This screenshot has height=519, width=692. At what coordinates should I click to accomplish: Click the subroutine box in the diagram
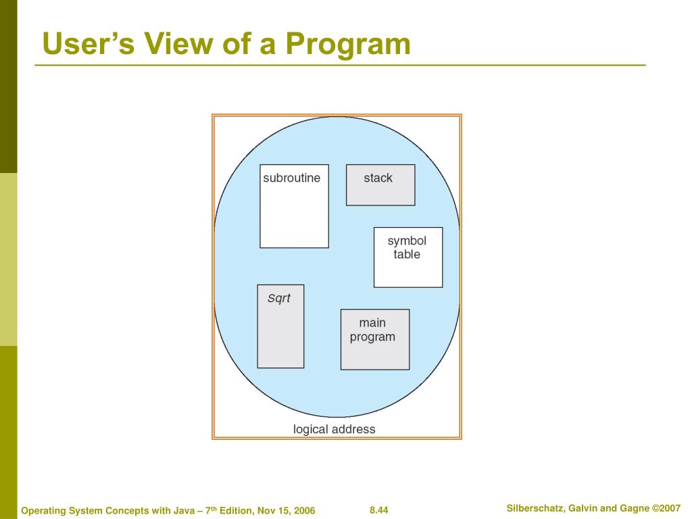point(294,206)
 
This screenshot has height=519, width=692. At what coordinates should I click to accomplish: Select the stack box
point(380,184)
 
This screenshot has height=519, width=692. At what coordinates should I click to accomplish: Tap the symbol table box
point(408,257)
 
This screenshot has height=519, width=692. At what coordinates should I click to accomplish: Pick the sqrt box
point(280,326)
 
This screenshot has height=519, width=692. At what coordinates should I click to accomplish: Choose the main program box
point(374,339)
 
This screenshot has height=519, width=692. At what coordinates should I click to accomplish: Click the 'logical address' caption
point(334,429)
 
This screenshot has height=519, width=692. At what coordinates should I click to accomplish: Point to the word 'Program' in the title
point(348,44)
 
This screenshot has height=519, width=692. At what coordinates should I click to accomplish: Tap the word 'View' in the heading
point(177,44)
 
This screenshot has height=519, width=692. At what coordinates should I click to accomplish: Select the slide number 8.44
point(379,510)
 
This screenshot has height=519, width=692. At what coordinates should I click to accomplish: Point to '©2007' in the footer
point(667,508)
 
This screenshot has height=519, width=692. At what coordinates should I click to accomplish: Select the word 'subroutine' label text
point(291,178)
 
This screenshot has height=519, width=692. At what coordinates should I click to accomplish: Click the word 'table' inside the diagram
point(407,255)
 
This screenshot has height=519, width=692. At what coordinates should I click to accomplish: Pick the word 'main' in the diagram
point(372,323)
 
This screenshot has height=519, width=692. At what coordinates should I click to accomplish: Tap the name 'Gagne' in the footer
point(635,508)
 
